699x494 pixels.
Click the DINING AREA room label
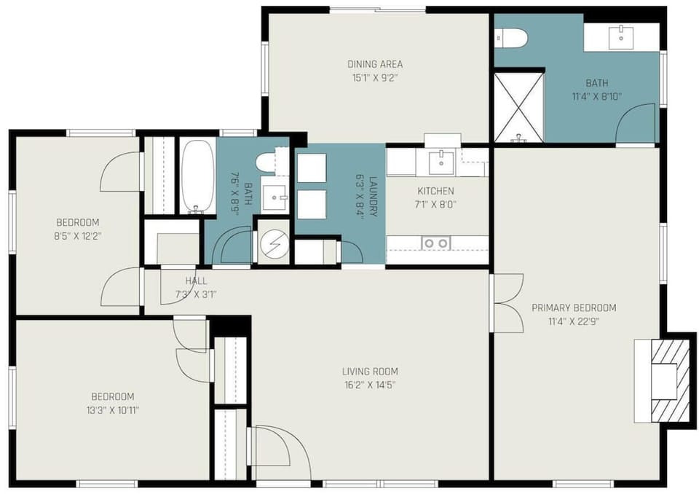coord(375,64)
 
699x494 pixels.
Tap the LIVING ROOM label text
coord(371,372)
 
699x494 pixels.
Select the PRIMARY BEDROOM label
coord(574,307)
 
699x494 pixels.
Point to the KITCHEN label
coord(435,192)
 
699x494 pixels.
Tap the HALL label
coord(196,281)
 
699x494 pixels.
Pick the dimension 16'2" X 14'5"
coord(371,385)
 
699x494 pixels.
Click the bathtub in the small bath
coord(197,176)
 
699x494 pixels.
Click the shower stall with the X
coord(518,106)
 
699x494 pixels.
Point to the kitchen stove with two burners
coord(436,243)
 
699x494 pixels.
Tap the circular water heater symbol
coord(274,243)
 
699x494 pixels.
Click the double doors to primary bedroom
coord(506,303)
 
